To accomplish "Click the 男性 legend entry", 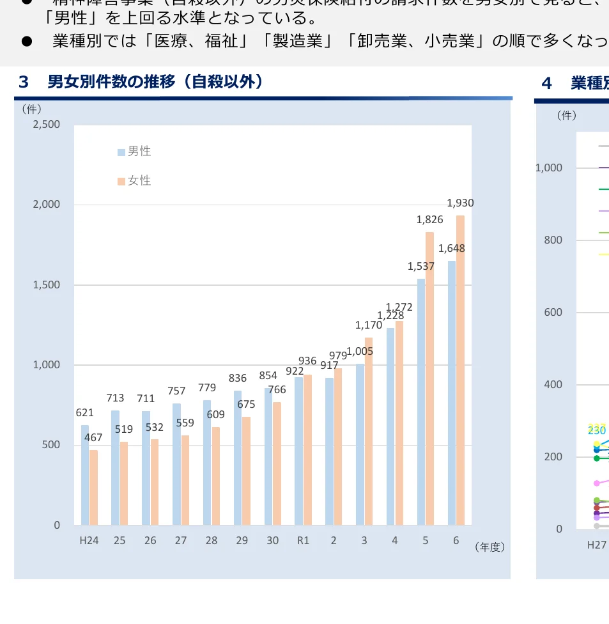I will coord(134,152).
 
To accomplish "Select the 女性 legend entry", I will coord(134,181).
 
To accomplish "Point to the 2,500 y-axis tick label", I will coord(47,124).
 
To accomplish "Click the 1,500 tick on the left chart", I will coord(47,285).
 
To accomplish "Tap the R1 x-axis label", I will coord(303,540).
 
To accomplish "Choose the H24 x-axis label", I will coord(89,540).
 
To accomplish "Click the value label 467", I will coord(93,438).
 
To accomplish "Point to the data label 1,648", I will coord(452,249).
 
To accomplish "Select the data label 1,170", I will coord(369,325).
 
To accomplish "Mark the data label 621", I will coord(85,413).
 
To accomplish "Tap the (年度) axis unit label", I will coord(490,547).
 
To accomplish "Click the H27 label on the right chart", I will coord(597,545).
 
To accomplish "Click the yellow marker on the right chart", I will coord(597,444).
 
